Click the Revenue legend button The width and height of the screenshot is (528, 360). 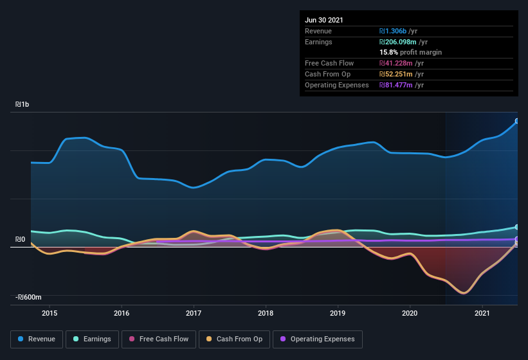click(x=37, y=339)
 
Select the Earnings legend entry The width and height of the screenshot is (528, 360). click(x=92, y=339)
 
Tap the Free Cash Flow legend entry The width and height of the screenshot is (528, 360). click(x=159, y=339)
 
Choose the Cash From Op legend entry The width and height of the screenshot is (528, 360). click(x=233, y=339)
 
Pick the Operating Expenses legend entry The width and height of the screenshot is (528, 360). click(x=317, y=339)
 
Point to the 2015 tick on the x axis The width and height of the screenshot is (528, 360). click(x=50, y=313)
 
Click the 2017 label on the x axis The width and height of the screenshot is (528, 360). click(x=194, y=313)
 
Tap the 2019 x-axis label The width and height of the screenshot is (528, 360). click(x=338, y=313)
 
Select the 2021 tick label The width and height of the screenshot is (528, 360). click(x=482, y=313)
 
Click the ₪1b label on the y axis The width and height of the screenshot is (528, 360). click(x=22, y=104)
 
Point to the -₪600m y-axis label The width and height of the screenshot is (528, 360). click(x=28, y=297)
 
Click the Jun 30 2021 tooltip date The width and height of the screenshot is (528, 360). click(x=324, y=20)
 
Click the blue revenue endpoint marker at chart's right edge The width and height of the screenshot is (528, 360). click(x=517, y=121)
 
